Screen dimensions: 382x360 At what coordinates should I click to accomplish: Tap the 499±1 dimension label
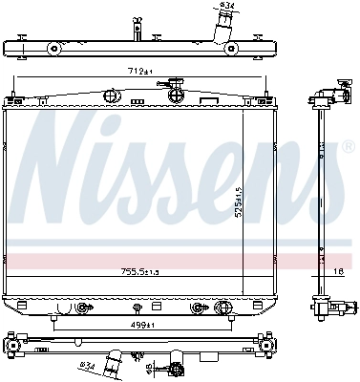pos(144,325)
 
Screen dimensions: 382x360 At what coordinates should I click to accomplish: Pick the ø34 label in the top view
pos(226,8)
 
